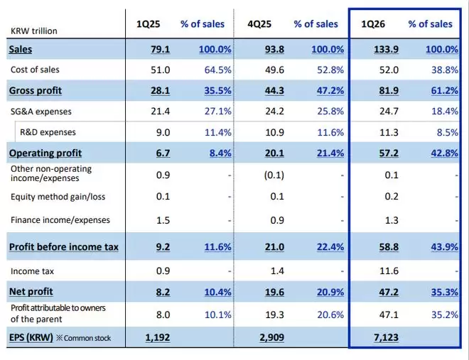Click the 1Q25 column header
click(x=149, y=24)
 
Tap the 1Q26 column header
click(x=374, y=24)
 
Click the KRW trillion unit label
click(x=34, y=31)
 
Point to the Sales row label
click(x=21, y=49)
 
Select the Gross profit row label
click(x=36, y=91)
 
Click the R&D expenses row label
click(x=47, y=132)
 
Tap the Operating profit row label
click(x=45, y=153)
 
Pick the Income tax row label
click(x=33, y=271)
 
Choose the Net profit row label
click(x=31, y=291)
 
